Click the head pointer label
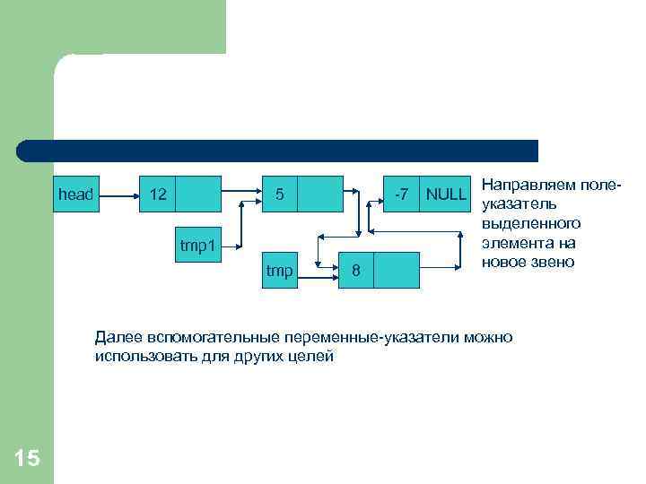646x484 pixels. tap(75, 194)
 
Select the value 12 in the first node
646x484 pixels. tap(158, 194)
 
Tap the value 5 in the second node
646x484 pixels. tap(280, 194)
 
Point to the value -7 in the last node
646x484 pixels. tap(402, 194)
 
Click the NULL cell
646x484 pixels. tap(446, 194)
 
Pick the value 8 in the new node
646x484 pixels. tap(356, 271)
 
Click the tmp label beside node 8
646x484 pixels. tap(279, 271)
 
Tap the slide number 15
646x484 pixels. tap(27, 459)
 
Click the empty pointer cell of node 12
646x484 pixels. tap(198, 193)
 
